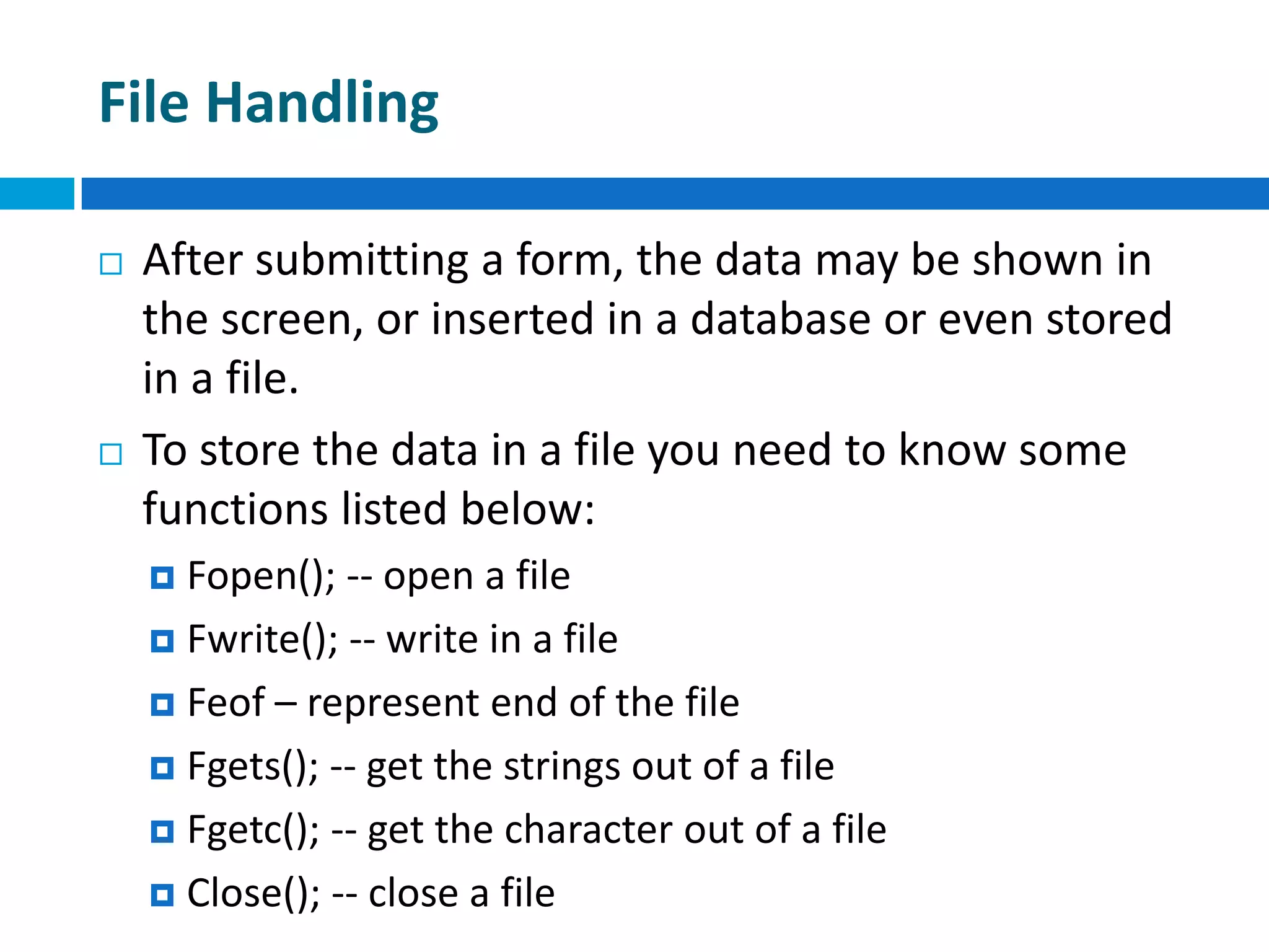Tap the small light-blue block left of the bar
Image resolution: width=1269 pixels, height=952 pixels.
tap(37, 193)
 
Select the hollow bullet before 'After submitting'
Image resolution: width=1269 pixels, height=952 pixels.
tap(111, 264)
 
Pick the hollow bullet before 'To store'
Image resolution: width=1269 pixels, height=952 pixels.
tap(111, 454)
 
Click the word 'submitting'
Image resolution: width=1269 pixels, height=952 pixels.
tap(362, 260)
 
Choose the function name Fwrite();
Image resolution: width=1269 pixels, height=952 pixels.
tap(263, 640)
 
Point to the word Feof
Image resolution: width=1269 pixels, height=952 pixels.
tap(226, 703)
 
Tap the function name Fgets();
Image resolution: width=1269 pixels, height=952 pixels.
tap(253, 767)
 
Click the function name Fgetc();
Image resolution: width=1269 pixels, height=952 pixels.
tap(253, 831)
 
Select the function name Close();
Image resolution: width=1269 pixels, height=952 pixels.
tap(253, 894)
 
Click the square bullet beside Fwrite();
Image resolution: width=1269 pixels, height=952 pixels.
tap(162, 641)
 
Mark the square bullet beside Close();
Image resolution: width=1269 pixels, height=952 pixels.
tap(162, 895)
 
